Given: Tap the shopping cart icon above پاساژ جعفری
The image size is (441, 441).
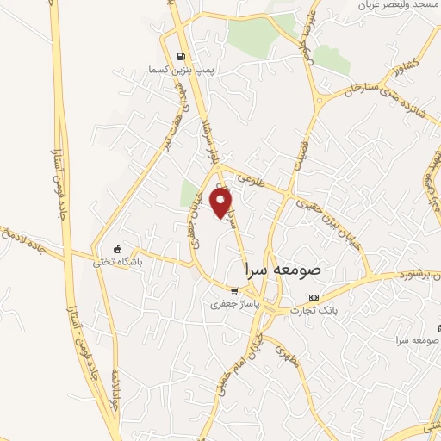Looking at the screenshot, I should pos(233,291).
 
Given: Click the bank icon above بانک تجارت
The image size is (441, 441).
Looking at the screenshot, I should pos(313,297).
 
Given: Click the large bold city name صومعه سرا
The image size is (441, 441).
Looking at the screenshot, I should pos(283,269).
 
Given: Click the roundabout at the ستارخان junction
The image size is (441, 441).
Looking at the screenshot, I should pos(320,100).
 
